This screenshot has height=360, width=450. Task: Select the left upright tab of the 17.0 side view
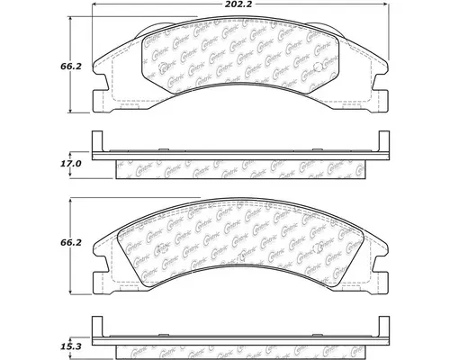click(x=98, y=148)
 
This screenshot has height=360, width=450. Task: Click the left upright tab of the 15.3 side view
click(x=98, y=328)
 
